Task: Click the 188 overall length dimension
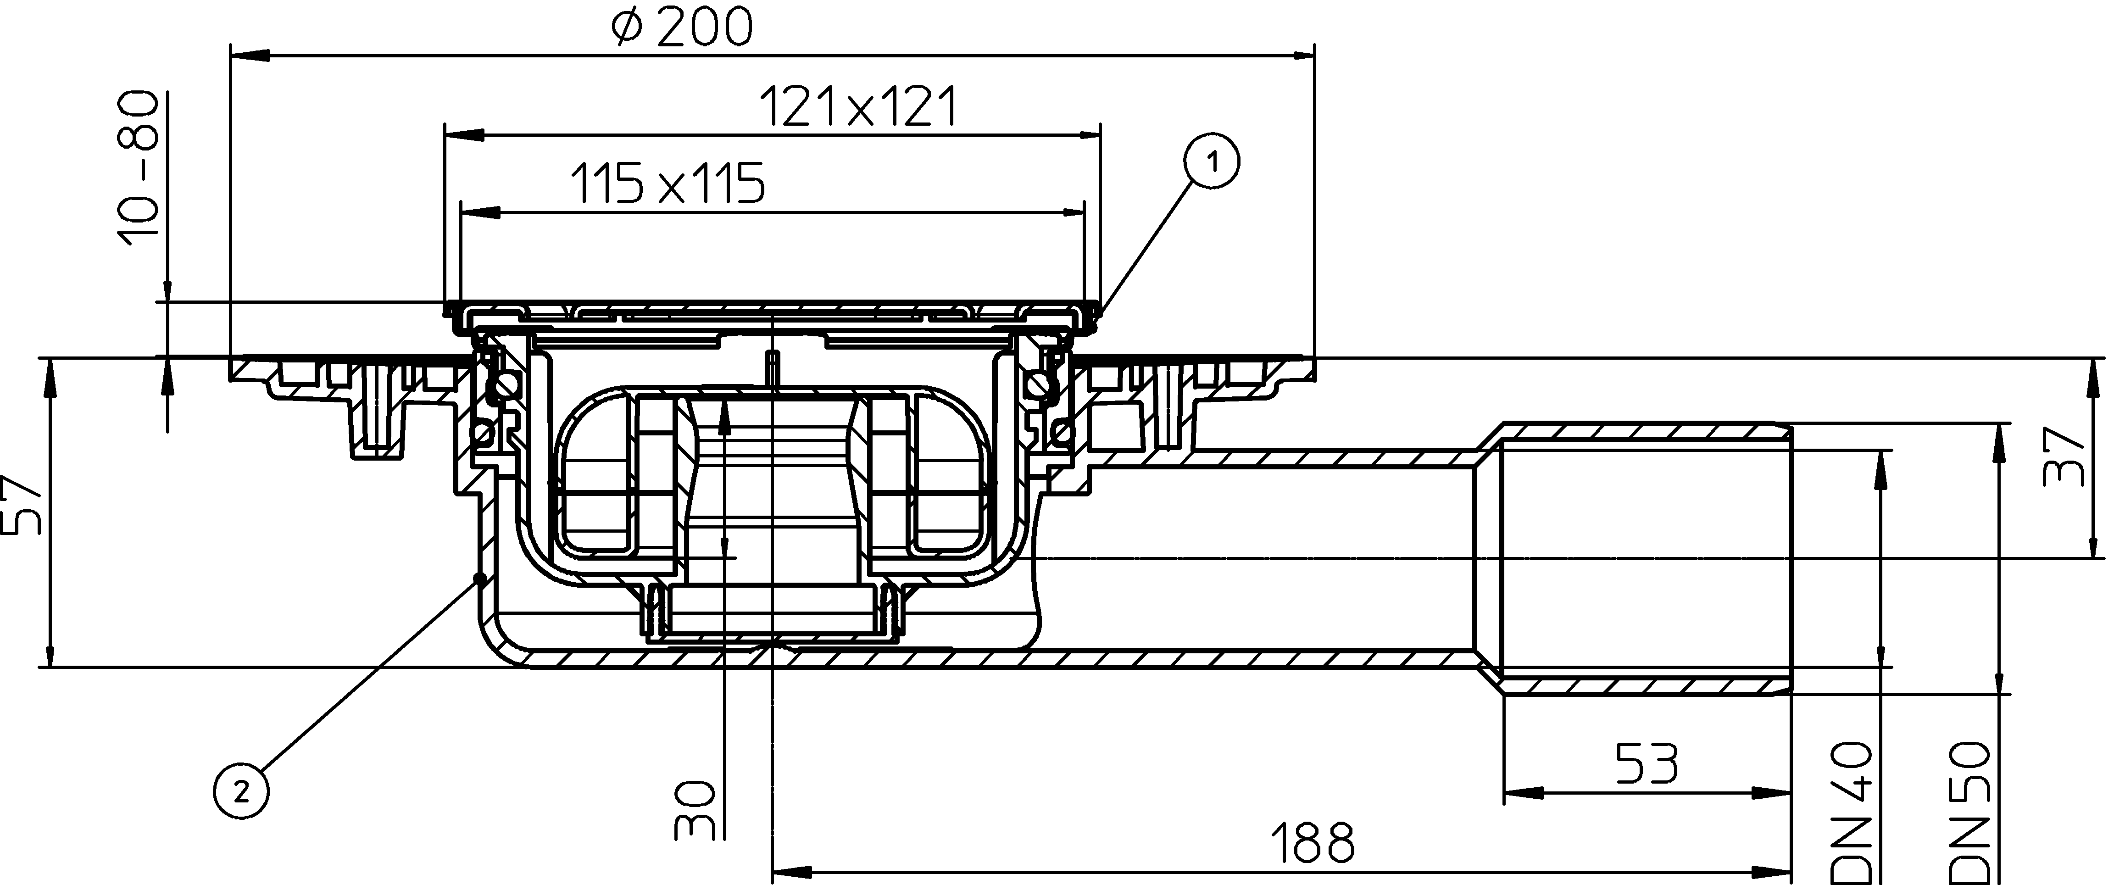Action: pyautogui.click(x=1312, y=843)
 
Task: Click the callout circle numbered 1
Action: pyautogui.click(x=1211, y=162)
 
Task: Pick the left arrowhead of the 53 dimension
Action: pyautogui.click(x=1522, y=794)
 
